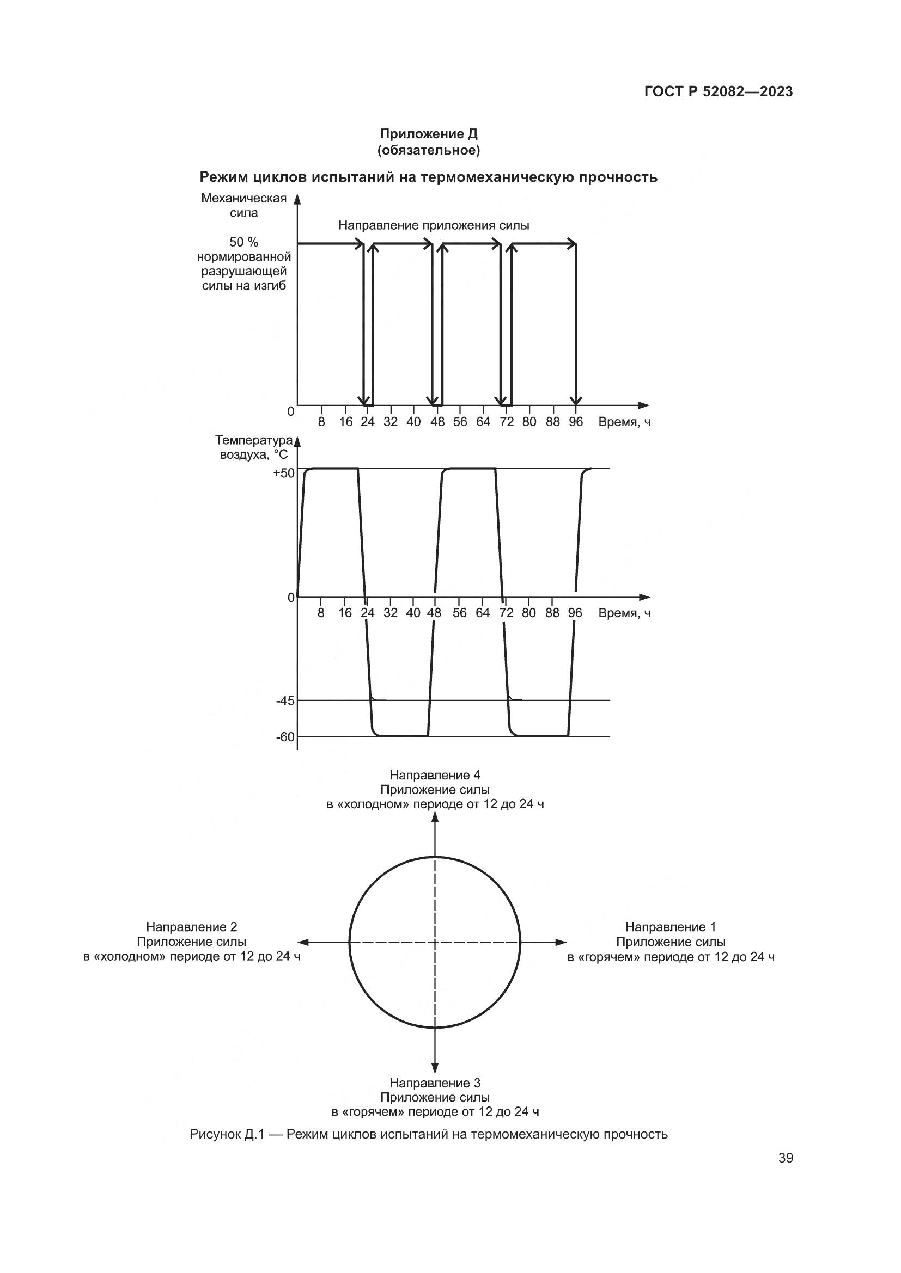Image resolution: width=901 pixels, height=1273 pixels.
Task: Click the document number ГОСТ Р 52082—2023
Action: pos(718,91)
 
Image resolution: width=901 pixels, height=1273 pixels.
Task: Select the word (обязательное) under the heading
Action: pos(428,150)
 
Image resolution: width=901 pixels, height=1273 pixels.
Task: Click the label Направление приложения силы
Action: pos(433,226)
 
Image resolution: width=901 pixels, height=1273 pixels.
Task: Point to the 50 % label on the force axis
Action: pos(243,242)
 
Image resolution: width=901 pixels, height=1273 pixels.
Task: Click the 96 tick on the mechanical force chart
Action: pos(575,422)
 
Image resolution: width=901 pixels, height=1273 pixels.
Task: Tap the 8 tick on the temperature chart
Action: pos(321,613)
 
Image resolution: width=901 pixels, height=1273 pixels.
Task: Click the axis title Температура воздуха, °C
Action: pos(253,447)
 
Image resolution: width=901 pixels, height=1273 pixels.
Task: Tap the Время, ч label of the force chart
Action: pos(624,422)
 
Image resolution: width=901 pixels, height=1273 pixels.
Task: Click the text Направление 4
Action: pos(434,775)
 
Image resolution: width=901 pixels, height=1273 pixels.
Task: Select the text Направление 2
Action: pos(191,927)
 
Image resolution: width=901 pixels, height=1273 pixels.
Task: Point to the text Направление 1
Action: pos(670,927)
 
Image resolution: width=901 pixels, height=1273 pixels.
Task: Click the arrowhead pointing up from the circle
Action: pos(435,819)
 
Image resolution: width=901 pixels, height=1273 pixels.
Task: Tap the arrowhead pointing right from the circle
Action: pos(561,942)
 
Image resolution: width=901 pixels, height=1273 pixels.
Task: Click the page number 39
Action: pos(785,1158)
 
